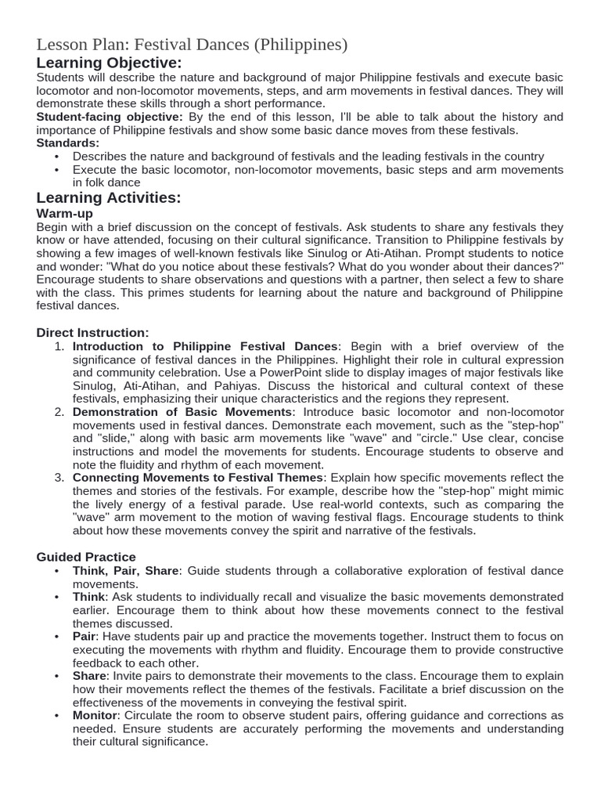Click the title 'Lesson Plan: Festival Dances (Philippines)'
click(x=192, y=45)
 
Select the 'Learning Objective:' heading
click(x=109, y=63)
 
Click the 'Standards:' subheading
click(x=68, y=143)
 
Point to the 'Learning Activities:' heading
click(x=109, y=197)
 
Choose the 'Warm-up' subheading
click(x=65, y=213)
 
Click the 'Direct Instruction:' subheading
click(x=92, y=333)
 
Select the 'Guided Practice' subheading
click(x=87, y=557)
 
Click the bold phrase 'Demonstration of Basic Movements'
click(x=182, y=412)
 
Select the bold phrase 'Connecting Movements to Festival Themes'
click(x=198, y=478)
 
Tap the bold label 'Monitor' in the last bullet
click(x=95, y=715)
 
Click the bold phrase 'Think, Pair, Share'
click(x=126, y=570)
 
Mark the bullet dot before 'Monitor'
click(x=57, y=715)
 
